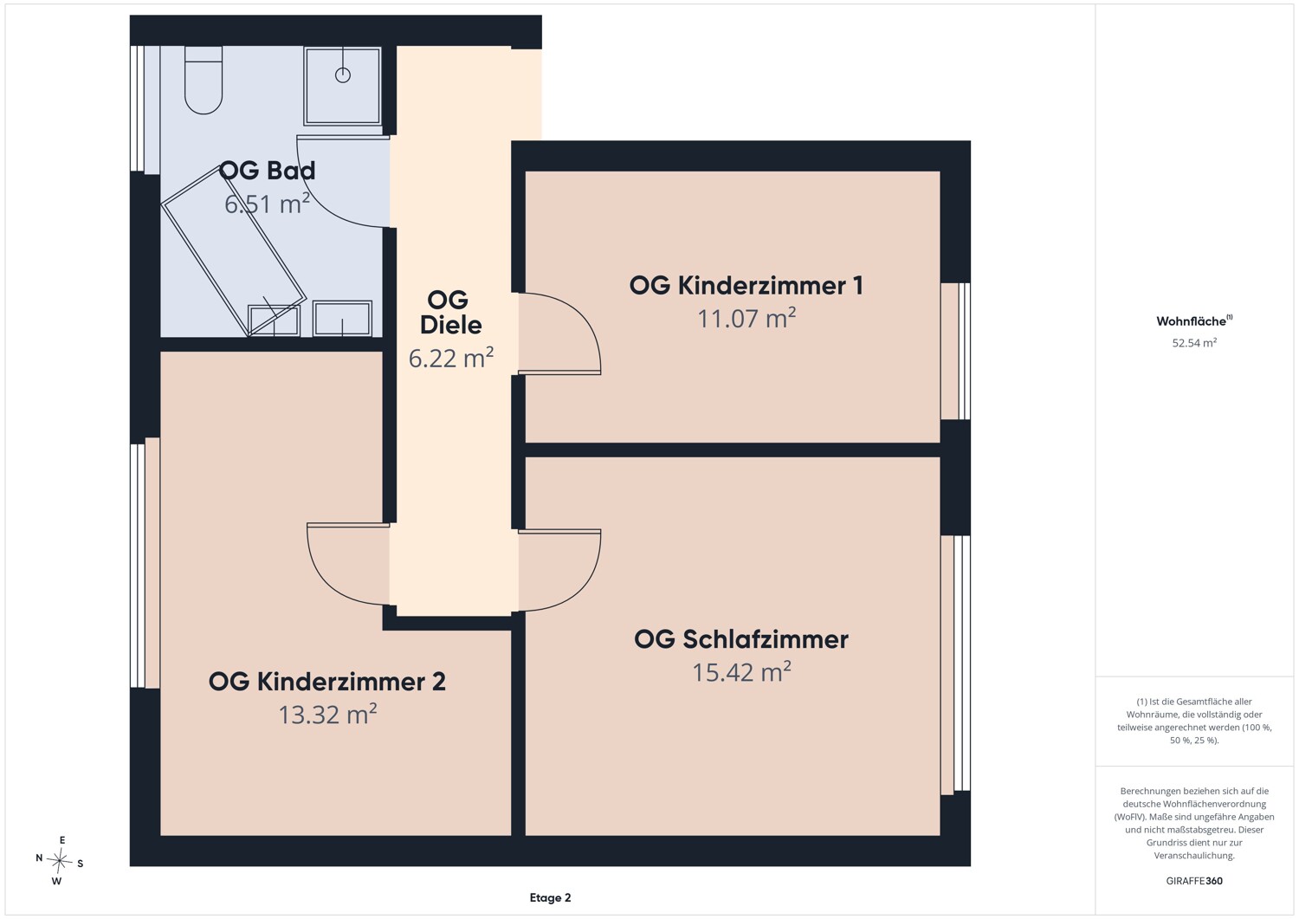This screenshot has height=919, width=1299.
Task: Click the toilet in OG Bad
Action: [204, 80]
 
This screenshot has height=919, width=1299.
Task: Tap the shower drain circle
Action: [343, 74]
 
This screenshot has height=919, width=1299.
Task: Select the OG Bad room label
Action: [268, 171]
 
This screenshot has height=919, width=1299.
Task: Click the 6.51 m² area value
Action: [268, 204]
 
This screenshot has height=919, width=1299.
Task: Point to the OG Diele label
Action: [450, 312]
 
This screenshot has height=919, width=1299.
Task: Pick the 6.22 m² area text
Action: [451, 358]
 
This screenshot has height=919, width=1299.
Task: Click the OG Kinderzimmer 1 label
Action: [746, 286]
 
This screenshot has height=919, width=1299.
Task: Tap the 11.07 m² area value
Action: [746, 318]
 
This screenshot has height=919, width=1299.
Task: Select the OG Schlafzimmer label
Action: [741, 639]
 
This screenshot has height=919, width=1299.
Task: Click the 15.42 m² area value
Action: [741, 672]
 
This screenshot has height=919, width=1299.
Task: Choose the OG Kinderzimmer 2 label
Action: [327, 682]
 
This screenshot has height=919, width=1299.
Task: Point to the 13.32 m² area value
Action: [327, 715]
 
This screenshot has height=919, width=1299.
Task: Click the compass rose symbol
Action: [59, 860]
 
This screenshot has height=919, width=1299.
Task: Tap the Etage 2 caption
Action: [550, 897]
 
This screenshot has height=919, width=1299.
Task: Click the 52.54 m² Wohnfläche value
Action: [1194, 343]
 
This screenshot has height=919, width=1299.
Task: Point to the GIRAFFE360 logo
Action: [1194, 881]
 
